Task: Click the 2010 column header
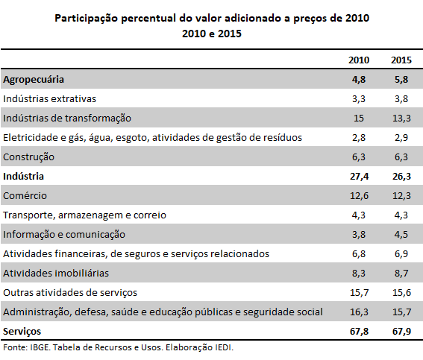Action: coord(359,60)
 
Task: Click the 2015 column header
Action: coord(401,60)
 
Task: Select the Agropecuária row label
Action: coord(34,80)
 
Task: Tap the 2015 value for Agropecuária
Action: coord(401,80)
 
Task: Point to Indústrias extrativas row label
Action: coord(50,99)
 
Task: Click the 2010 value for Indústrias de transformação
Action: coord(359,119)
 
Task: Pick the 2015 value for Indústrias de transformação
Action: coord(401,119)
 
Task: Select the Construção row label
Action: coord(28,157)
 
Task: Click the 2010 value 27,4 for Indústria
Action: coord(359,177)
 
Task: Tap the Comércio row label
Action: coord(25,195)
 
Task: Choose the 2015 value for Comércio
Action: coord(401,195)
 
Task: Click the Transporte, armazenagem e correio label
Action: coord(84,215)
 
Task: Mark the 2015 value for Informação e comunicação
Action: coord(401,235)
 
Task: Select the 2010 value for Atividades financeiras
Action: coord(359,254)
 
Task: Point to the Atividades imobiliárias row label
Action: coord(56,274)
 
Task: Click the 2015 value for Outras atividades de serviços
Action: coord(401,293)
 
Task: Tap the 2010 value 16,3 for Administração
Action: coord(359,312)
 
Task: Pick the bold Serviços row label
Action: coord(22,332)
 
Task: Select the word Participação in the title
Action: coord(87,19)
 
